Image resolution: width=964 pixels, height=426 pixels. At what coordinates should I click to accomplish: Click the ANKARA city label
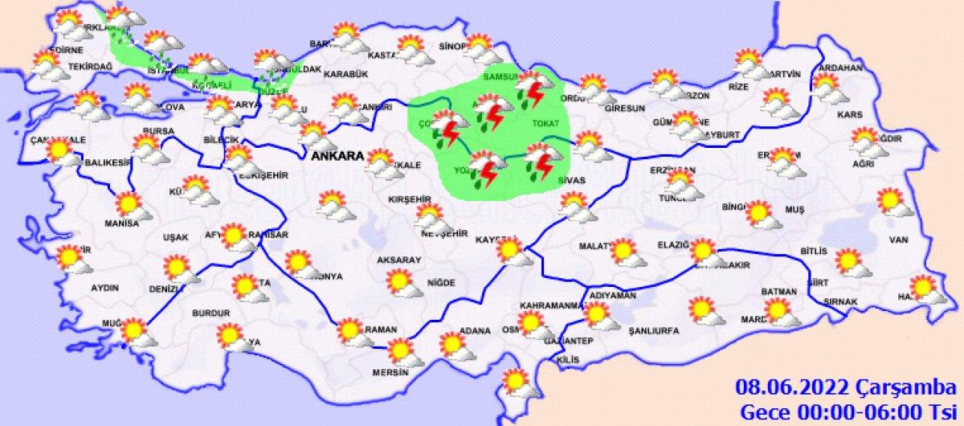pos(337,156)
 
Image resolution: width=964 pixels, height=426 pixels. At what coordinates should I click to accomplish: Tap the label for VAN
pos(899,240)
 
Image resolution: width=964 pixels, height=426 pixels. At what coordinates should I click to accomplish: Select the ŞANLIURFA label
pos(654,331)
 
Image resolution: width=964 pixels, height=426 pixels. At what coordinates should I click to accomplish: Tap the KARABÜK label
pos(345,74)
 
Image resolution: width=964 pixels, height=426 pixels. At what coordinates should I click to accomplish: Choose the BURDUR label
pos(211,313)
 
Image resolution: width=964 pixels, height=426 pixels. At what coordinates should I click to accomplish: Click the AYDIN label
pos(105,288)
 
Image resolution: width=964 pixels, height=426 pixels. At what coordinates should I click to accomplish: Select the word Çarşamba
pos(884,387)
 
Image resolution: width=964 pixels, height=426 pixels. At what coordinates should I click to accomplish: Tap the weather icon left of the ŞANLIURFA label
pos(596,316)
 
